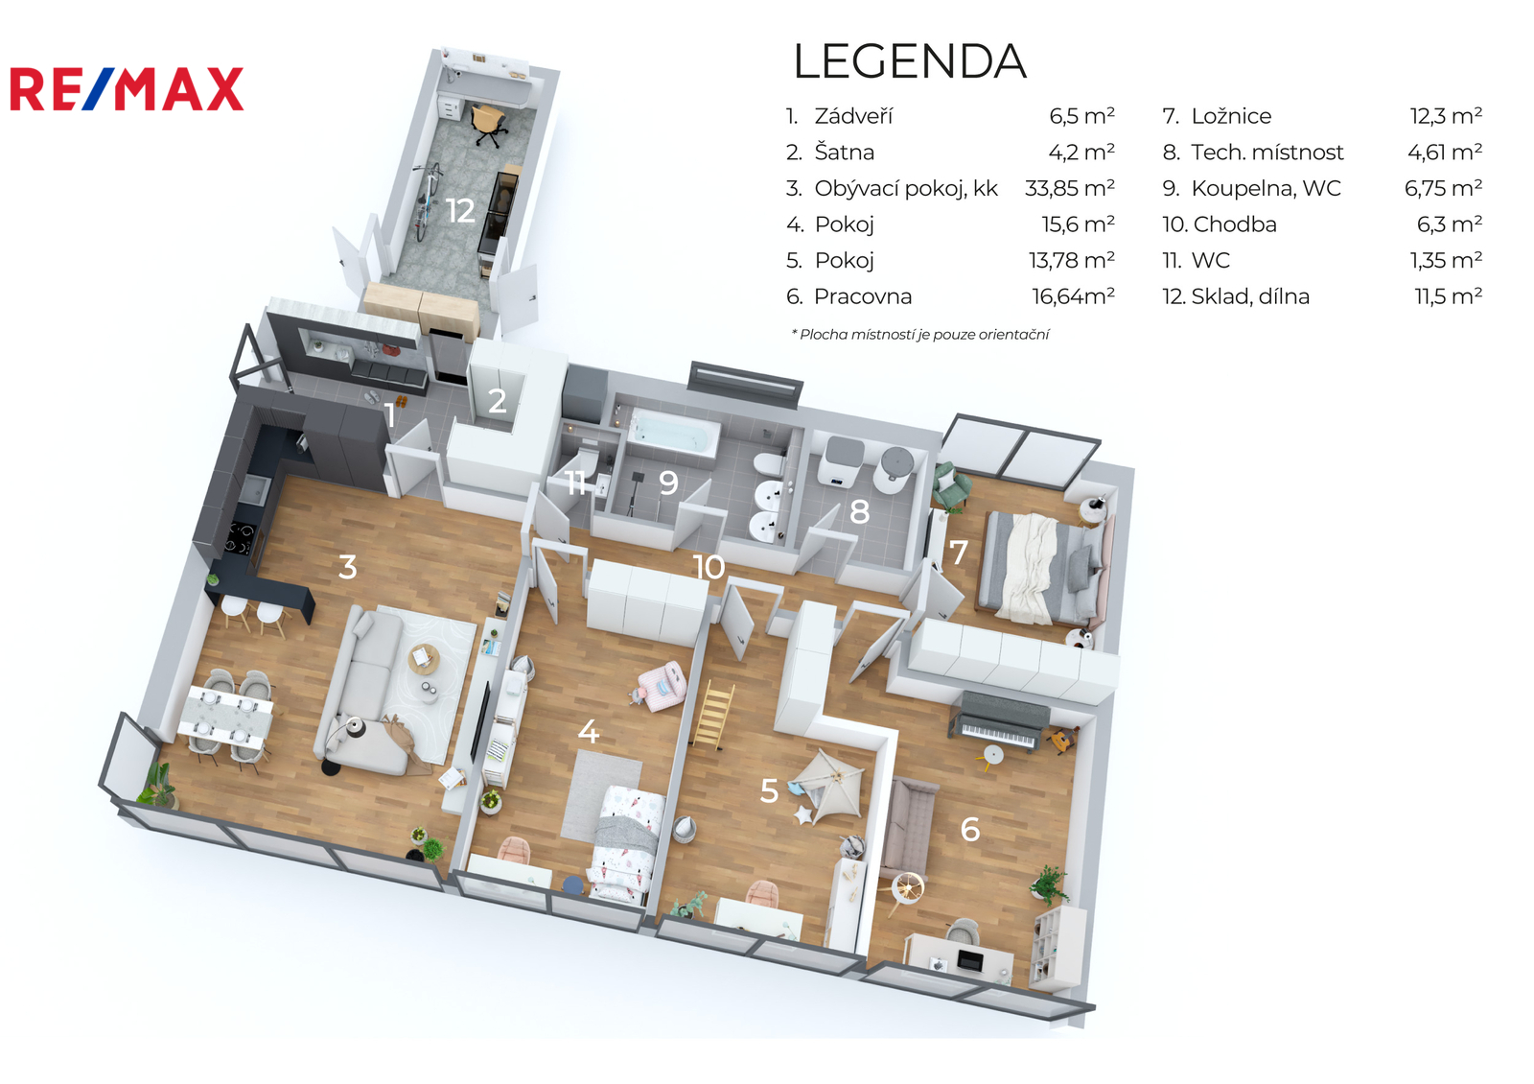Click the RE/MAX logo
(x=127, y=89)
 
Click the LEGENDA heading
(x=910, y=61)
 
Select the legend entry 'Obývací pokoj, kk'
(x=905, y=188)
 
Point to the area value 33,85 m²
(x=1070, y=188)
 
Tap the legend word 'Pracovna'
(x=862, y=296)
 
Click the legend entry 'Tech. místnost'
(x=1267, y=153)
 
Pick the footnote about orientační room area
(x=919, y=335)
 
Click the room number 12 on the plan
(x=460, y=211)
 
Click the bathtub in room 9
(x=674, y=432)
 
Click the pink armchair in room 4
(x=662, y=685)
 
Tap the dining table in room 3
(x=226, y=717)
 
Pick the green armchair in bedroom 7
(x=951, y=485)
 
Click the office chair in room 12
(x=488, y=125)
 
